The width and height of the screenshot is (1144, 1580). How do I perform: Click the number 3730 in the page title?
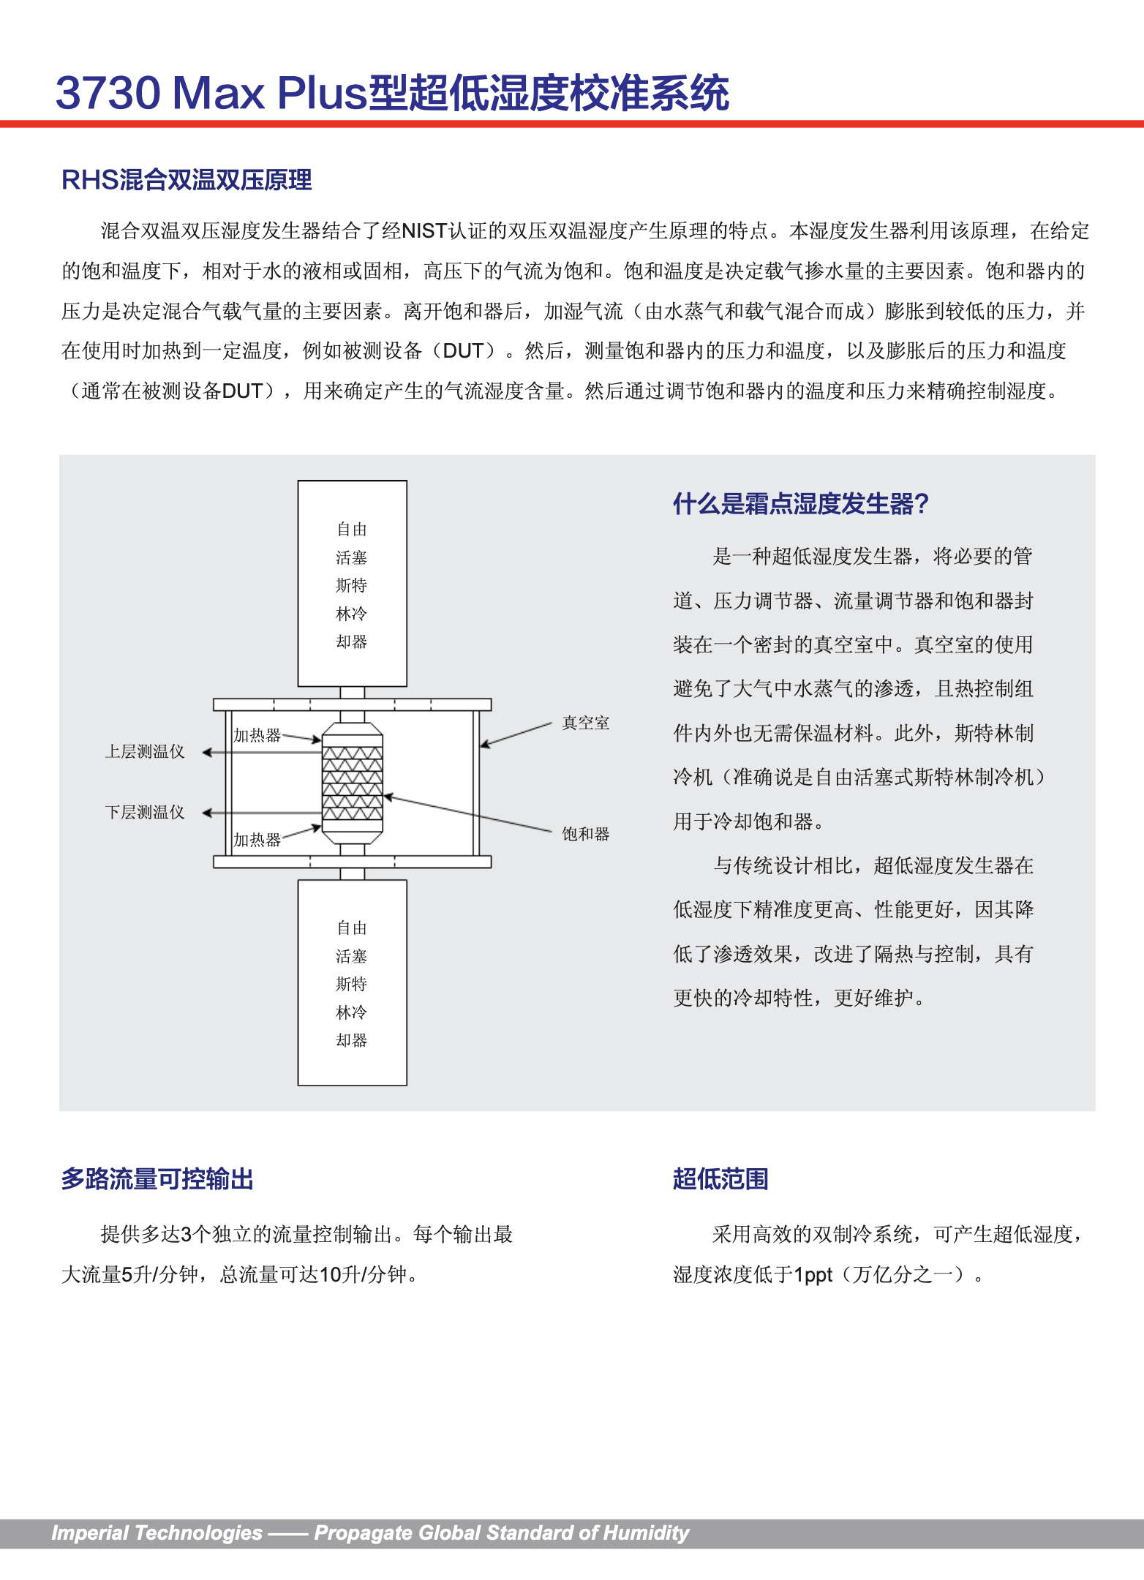(x=108, y=94)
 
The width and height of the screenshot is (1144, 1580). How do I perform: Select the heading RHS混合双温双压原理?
(x=187, y=180)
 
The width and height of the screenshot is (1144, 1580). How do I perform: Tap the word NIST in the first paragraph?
(x=424, y=231)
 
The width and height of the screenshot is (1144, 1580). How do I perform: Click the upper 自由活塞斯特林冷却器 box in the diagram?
(x=352, y=584)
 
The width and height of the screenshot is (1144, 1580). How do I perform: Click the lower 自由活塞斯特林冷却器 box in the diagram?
(x=352, y=982)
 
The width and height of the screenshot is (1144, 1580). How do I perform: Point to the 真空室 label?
(x=585, y=723)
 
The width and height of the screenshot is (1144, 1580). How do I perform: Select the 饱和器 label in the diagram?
(x=585, y=834)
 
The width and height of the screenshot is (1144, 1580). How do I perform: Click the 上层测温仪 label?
(x=145, y=752)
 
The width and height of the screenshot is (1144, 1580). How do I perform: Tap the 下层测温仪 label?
(x=145, y=813)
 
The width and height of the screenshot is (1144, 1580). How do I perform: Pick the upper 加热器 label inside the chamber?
(x=257, y=735)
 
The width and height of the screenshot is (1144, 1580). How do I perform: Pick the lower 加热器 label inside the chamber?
(x=257, y=840)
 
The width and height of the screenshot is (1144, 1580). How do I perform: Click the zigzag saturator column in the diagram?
(x=352, y=783)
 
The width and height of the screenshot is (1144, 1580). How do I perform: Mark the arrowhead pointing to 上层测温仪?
(x=207, y=752)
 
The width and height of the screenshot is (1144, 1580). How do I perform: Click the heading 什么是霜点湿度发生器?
(x=800, y=504)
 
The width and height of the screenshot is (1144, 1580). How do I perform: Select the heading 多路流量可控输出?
(x=157, y=1179)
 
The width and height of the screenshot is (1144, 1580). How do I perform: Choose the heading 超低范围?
(x=720, y=1179)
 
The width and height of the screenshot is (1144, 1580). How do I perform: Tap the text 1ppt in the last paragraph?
(x=813, y=1275)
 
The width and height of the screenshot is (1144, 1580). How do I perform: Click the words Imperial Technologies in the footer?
(x=157, y=1532)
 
